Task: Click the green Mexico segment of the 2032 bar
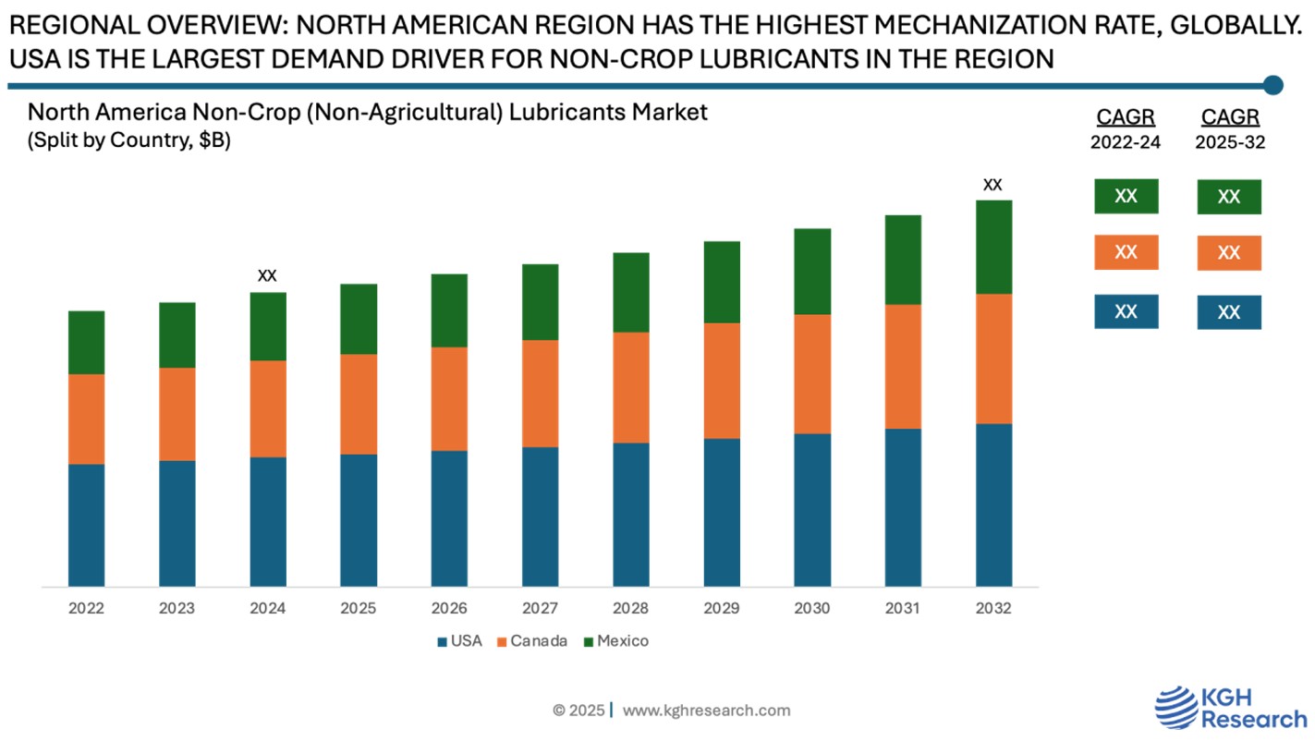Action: tap(993, 247)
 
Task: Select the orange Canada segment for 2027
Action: tap(540, 394)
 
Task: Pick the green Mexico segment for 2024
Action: tap(268, 326)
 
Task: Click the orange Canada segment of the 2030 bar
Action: tap(812, 374)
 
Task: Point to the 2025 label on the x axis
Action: tap(359, 609)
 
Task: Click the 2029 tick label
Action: tap(722, 609)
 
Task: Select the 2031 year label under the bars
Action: tap(903, 609)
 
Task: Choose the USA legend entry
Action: tap(459, 641)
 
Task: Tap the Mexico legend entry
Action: tap(615, 641)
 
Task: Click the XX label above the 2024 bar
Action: tap(267, 275)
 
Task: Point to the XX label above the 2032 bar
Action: tap(992, 185)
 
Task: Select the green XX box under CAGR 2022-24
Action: tap(1126, 197)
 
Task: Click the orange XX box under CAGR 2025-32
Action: tap(1228, 253)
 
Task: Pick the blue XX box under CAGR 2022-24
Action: tap(1126, 312)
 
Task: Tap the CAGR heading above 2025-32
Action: tap(1229, 117)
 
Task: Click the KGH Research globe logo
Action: tap(1177, 708)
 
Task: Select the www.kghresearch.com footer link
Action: tap(706, 711)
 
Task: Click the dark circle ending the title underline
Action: tap(1272, 86)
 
